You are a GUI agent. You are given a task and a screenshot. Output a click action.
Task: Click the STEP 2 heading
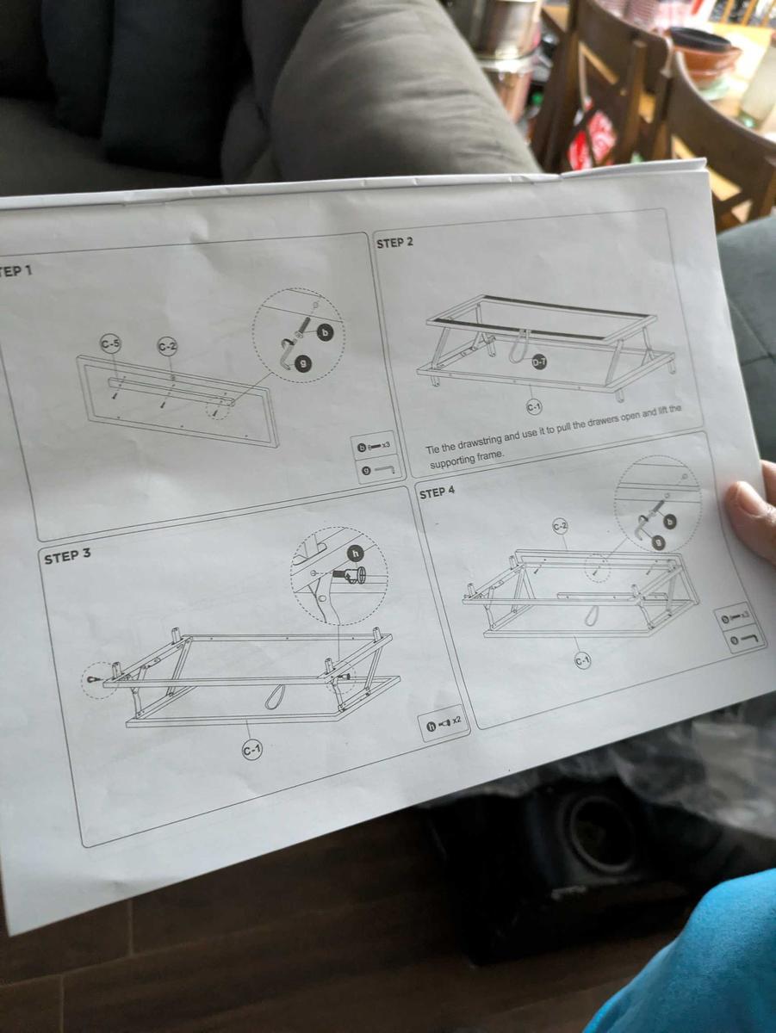pyautogui.click(x=395, y=242)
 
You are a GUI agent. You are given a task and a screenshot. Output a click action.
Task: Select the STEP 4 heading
pyautogui.click(x=437, y=492)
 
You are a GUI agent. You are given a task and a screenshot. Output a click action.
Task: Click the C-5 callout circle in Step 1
pyautogui.click(x=110, y=344)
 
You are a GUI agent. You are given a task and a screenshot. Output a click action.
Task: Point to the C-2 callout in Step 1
pyautogui.click(x=168, y=346)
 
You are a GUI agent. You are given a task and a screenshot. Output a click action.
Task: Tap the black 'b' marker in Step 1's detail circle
pyautogui.click(x=325, y=331)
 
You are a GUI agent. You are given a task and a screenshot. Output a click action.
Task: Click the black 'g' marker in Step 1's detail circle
pyautogui.click(x=302, y=363)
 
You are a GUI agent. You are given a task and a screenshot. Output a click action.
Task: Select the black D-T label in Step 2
pyautogui.click(x=540, y=362)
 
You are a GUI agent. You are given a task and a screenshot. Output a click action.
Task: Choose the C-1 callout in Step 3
pyautogui.click(x=251, y=750)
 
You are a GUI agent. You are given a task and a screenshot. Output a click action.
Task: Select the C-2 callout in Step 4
pyautogui.click(x=560, y=525)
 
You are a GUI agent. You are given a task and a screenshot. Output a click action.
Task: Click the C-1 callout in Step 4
pyautogui.click(x=582, y=660)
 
